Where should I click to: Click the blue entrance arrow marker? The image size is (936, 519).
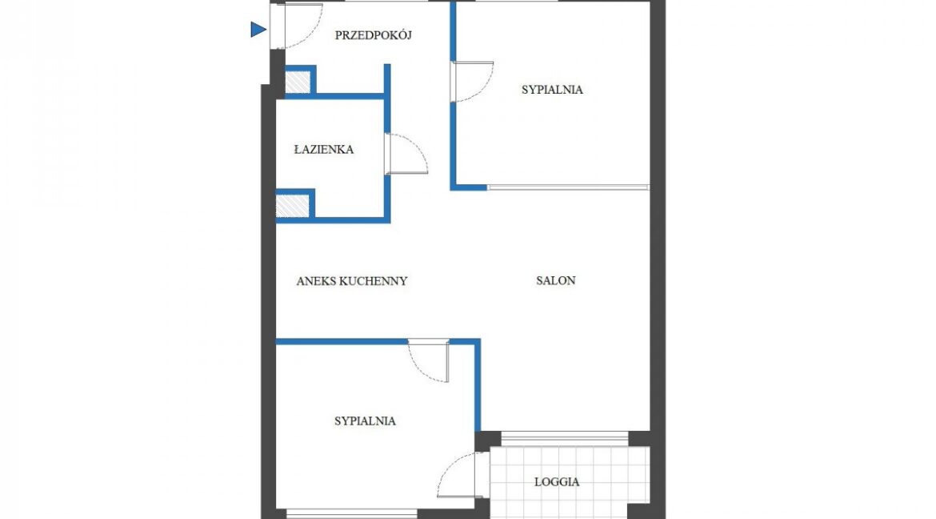(x=258, y=30)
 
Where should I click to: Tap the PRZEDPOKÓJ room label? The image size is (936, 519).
(x=373, y=35)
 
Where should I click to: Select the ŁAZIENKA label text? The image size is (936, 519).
(x=324, y=150)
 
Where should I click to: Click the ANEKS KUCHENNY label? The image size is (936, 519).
(x=351, y=281)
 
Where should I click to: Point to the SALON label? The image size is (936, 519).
(x=556, y=280)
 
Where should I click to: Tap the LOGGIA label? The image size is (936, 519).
(x=556, y=482)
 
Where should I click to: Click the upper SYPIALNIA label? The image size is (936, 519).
(x=552, y=90)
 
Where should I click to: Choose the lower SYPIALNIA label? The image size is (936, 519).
(x=365, y=421)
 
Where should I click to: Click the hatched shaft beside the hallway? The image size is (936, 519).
(x=298, y=82)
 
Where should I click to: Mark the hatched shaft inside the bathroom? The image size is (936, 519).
(x=293, y=207)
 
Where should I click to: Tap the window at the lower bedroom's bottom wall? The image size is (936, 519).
(x=351, y=513)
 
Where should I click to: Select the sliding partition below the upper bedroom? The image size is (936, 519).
(x=568, y=187)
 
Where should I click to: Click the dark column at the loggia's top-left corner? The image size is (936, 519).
(x=488, y=441)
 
